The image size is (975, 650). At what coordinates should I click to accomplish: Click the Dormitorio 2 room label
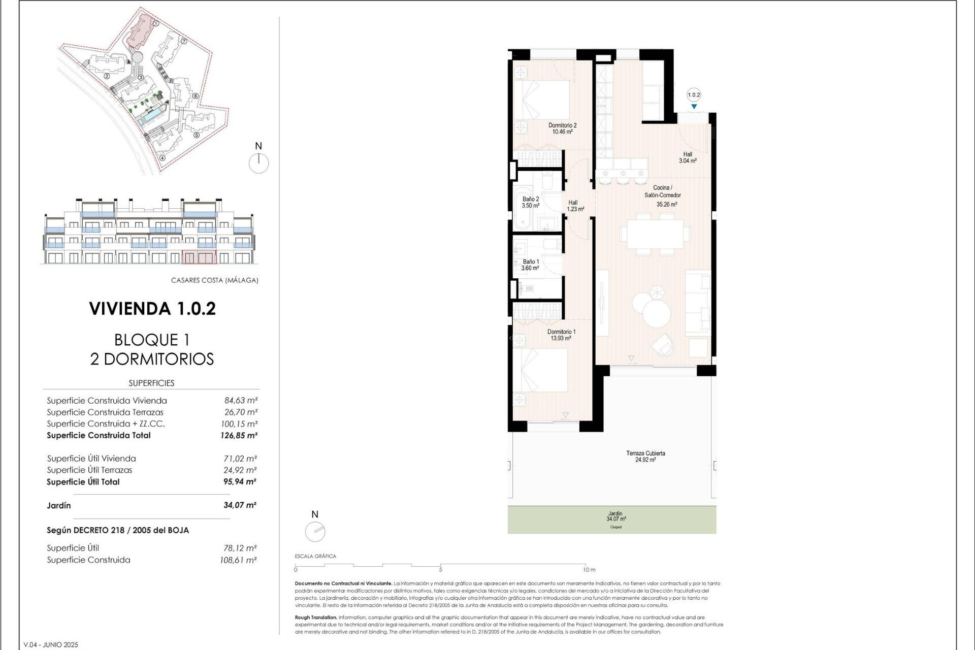(x=562, y=128)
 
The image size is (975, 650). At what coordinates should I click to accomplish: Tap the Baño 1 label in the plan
(x=530, y=265)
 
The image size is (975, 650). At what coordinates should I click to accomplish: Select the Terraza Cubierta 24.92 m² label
(x=645, y=456)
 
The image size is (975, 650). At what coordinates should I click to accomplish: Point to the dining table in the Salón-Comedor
(x=654, y=234)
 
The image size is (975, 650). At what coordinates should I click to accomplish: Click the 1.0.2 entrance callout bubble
(x=694, y=95)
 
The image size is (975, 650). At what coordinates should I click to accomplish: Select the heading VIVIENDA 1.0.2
(x=152, y=309)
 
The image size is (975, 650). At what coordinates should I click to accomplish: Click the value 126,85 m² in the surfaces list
(x=239, y=435)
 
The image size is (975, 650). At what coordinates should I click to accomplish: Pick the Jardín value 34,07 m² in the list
(x=240, y=505)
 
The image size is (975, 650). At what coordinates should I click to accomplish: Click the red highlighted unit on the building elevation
(x=199, y=257)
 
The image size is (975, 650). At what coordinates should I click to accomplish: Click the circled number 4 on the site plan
(x=162, y=157)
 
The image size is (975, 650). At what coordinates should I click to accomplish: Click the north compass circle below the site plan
(x=259, y=163)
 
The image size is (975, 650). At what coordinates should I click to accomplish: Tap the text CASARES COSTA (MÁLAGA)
(x=214, y=280)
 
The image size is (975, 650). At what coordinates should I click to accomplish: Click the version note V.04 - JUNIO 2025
(x=51, y=645)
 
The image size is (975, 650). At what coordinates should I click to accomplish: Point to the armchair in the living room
(x=664, y=345)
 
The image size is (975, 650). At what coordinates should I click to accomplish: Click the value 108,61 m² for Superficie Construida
(x=238, y=560)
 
